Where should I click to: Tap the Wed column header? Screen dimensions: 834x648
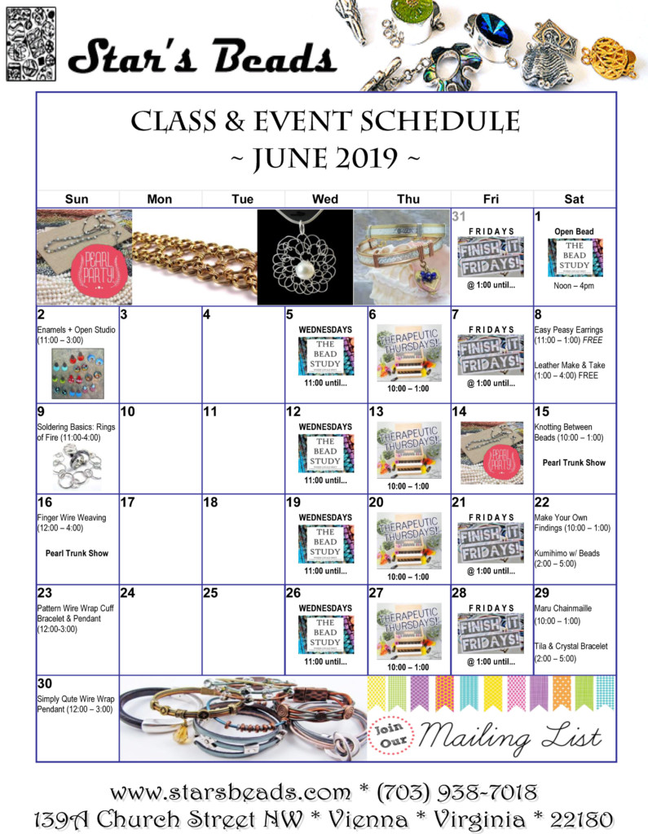click(x=325, y=199)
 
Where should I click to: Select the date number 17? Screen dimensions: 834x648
click(x=127, y=503)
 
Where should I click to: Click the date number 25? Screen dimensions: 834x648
click(x=210, y=593)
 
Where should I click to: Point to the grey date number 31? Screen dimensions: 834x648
click(x=459, y=217)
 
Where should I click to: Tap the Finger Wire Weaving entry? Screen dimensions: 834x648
click(x=72, y=522)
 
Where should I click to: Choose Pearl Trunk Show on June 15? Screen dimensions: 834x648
click(x=574, y=463)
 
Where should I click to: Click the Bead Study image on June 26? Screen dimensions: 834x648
click(x=324, y=633)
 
